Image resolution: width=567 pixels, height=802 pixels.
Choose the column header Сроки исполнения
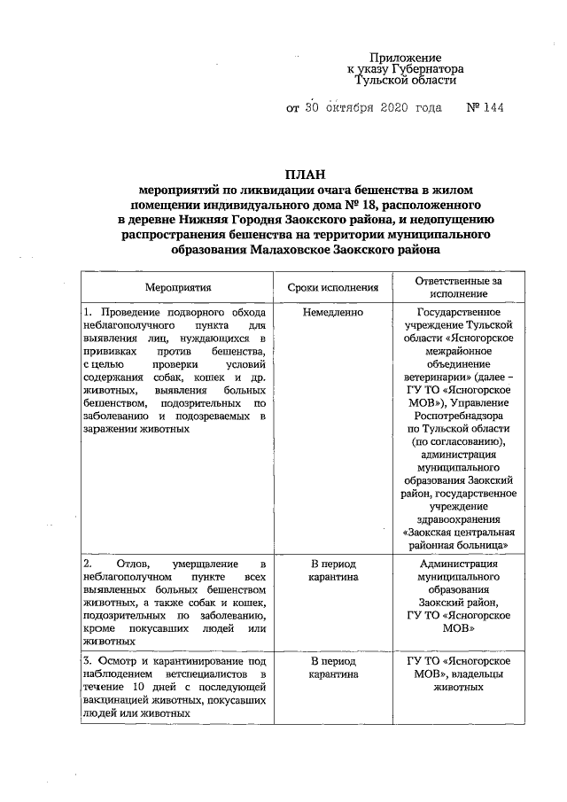[333, 287]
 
